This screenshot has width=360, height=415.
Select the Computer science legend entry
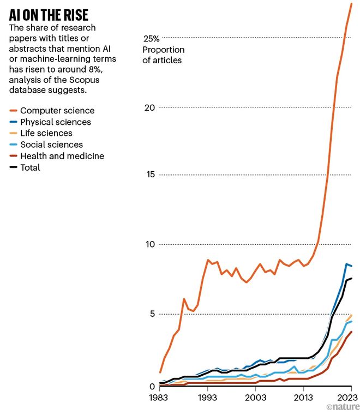(x=57, y=111)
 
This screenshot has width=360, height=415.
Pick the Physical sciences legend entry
(x=55, y=122)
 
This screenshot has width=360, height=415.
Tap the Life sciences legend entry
(x=46, y=133)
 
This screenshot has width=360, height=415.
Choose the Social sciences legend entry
(x=51, y=145)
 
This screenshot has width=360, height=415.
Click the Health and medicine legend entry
(x=62, y=156)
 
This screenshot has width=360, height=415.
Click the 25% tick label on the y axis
(x=151, y=39)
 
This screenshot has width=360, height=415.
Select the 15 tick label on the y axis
(x=149, y=175)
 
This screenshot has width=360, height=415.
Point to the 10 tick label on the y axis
(x=149, y=244)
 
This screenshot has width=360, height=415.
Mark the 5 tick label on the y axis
(x=152, y=314)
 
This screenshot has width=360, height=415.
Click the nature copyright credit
(x=343, y=407)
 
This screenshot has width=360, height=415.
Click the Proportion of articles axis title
(x=162, y=55)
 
